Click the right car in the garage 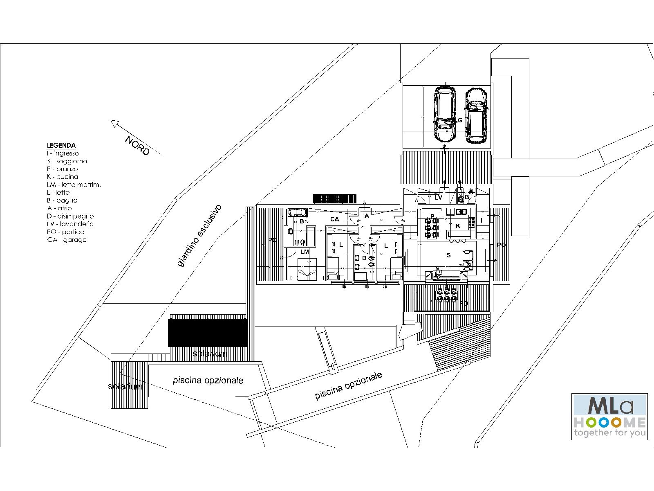(476, 116)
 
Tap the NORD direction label (137, 146)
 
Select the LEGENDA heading (61, 145)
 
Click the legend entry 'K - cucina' (62, 177)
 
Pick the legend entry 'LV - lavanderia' (70, 224)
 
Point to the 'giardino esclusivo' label (199, 236)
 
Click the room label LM (305, 252)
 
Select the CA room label (334, 219)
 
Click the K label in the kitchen (458, 226)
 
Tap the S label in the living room (448, 255)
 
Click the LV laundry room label (438, 197)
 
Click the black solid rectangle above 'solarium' (208, 333)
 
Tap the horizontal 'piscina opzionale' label (208, 380)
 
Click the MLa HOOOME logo (609, 417)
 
